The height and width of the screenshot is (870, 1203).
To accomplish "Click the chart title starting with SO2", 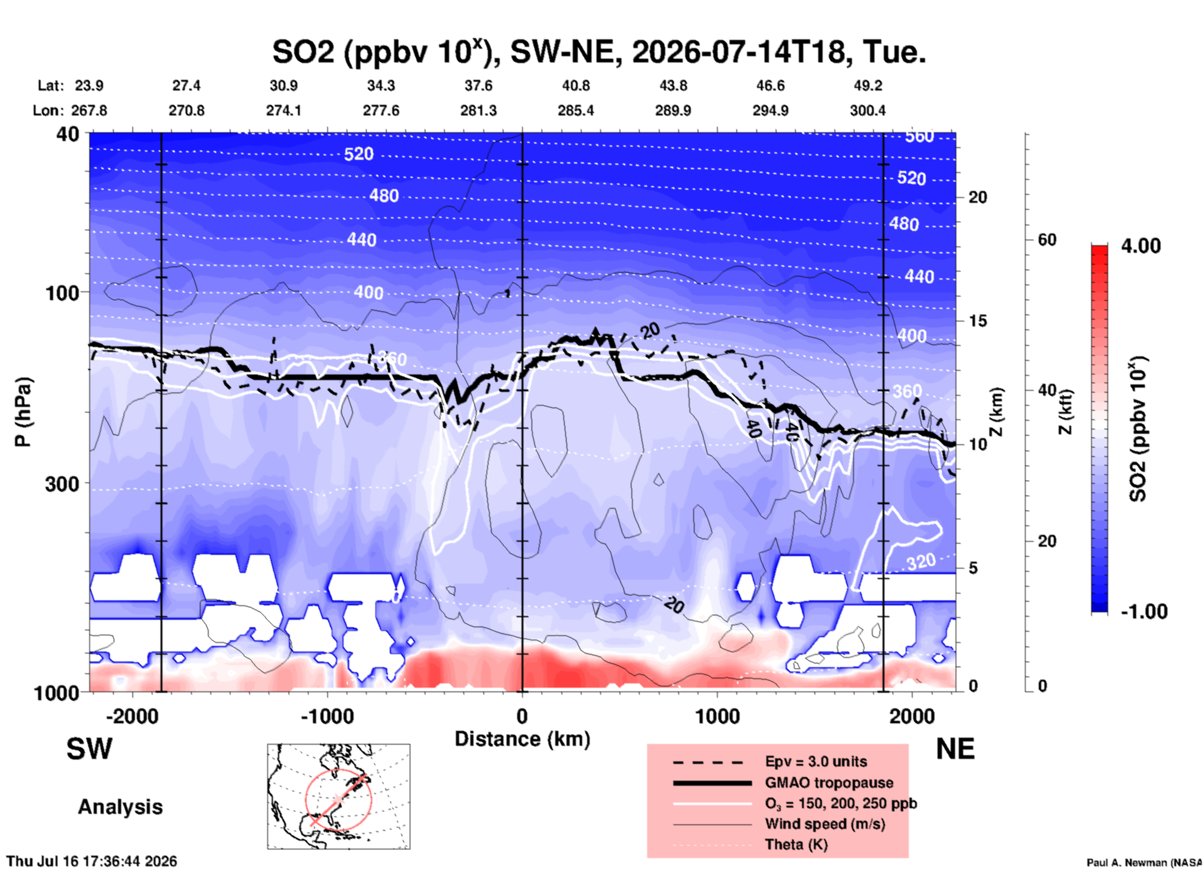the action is [599, 51].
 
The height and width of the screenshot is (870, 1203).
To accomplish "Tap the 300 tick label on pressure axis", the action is [62, 484].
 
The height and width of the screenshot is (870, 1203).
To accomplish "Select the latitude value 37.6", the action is [478, 86].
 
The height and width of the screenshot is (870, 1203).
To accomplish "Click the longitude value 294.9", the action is [770, 110].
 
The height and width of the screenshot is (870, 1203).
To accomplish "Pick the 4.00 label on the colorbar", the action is [1141, 246].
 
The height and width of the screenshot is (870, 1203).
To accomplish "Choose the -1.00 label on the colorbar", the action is [1144, 612].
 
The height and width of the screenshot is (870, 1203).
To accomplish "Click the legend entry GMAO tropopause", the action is [829, 783].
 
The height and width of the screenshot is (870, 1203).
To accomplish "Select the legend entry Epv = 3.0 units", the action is [816, 761].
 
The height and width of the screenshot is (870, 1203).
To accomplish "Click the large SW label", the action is [89, 749].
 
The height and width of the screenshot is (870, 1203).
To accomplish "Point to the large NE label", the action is [955, 749].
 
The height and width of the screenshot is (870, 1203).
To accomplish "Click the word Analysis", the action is [120, 807].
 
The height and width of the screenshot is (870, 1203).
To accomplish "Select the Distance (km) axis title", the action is [522, 739].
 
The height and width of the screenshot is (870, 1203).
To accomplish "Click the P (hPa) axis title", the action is [23, 413].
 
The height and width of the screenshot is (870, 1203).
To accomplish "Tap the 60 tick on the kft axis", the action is [1047, 240].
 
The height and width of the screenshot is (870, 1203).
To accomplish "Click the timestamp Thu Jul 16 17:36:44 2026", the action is [91, 861].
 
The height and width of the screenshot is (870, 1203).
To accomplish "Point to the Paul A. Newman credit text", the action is [1144, 863].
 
